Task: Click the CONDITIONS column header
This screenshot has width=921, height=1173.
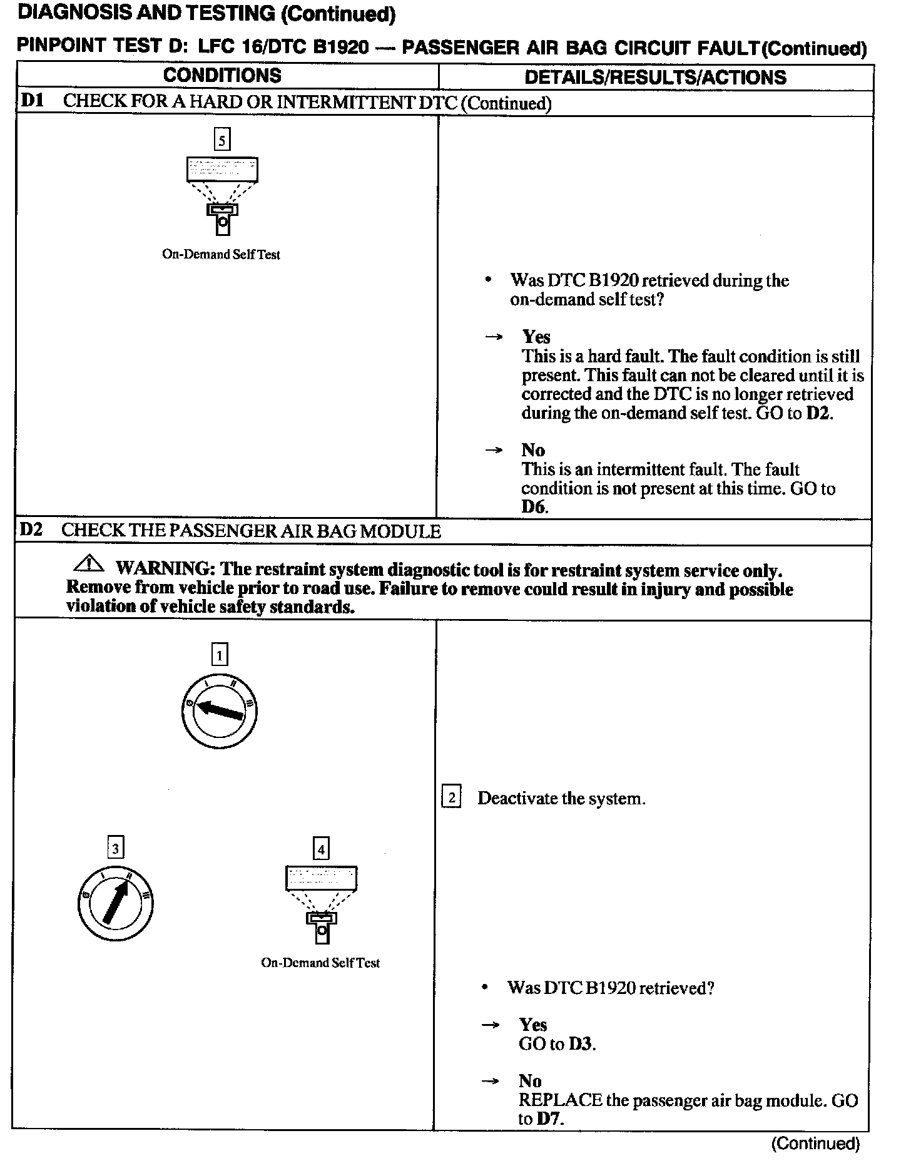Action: pos(222,76)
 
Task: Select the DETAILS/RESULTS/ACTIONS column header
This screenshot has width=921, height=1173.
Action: pos(655,77)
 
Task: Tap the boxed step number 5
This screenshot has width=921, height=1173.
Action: pos(222,139)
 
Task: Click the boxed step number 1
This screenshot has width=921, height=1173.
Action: pos(219,655)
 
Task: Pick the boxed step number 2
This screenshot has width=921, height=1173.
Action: pos(451,797)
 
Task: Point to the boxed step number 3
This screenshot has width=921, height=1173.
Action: pos(115,848)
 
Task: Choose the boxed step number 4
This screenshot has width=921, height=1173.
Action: pos(321,849)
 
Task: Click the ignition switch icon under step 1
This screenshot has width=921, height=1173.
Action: pos(219,711)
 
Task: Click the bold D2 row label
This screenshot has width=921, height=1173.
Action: pos(31,530)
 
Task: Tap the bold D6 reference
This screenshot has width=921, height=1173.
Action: pos(534,507)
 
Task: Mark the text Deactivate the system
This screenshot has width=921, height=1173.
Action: pos(561,799)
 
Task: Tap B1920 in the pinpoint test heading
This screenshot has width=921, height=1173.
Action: pos(341,48)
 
